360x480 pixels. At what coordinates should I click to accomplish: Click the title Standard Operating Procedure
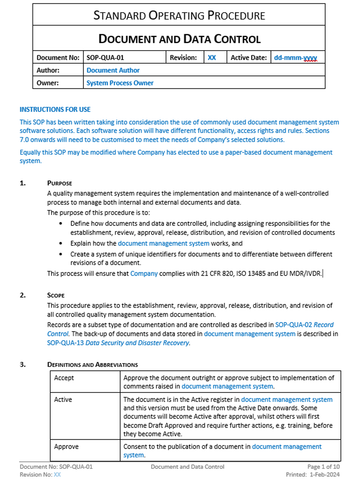point(180,14)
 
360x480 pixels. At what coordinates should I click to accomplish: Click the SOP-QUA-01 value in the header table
point(108,59)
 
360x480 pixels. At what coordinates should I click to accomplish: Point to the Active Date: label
point(252,59)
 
